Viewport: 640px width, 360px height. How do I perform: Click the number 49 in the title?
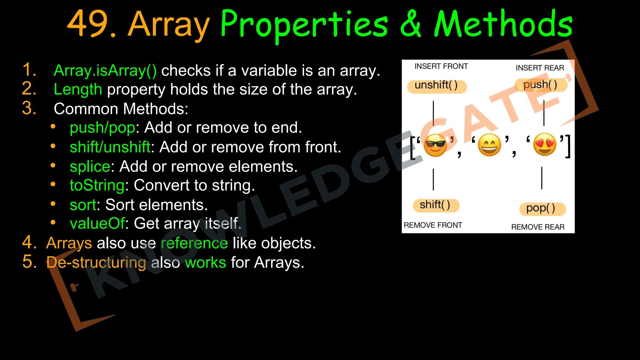[x=88, y=24]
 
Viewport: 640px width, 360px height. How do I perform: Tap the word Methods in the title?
[x=503, y=24]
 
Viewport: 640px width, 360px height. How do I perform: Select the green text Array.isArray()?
[x=105, y=71]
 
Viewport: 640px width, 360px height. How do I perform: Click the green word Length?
[x=78, y=90]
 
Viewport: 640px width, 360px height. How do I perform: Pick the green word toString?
[x=97, y=185]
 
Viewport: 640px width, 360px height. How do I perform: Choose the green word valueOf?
[x=97, y=224]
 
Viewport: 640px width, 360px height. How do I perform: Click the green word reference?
[x=194, y=243]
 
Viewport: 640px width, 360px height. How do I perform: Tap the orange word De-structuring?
[x=96, y=262]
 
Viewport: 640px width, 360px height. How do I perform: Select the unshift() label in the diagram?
[x=436, y=85]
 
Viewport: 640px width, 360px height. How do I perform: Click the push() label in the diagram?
[x=540, y=85]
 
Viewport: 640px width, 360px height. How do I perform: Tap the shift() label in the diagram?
[x=435, y=205]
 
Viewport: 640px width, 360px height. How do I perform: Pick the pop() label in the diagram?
[x=541, y=208]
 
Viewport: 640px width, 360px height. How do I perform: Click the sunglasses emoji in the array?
[x=435, y=145]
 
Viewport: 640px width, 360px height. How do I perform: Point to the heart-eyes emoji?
[x=545, y=144]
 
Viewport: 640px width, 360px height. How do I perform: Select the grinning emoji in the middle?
[x=490, y=145]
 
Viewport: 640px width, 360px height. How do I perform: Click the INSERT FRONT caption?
[x=441, y=66]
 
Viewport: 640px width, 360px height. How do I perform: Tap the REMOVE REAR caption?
[x=537, y=227]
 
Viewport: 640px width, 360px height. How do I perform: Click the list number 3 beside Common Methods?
[x=29, y=108]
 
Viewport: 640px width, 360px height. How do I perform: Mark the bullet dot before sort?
[x=53, y=204]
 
